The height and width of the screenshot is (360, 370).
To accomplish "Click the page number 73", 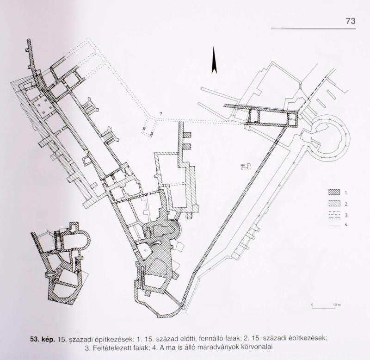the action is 351,21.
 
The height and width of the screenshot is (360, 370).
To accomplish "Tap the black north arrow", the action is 214,60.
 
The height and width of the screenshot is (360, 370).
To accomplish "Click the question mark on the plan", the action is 161,113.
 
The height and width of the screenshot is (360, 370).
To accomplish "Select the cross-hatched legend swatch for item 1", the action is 334,192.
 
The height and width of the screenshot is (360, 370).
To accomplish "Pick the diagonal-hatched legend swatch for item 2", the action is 334,204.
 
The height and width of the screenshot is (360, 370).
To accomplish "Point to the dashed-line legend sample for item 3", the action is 334,215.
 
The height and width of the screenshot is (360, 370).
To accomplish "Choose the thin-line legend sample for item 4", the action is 334,226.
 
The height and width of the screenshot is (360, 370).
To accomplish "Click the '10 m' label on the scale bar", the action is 337,305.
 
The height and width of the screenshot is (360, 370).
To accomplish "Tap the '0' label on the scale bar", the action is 312,305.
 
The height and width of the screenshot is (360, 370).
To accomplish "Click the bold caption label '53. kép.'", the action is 43,339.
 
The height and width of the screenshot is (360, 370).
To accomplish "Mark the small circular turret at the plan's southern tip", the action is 184,307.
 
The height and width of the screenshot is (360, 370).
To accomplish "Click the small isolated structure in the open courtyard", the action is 245,166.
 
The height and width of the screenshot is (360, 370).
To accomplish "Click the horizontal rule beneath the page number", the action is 313,29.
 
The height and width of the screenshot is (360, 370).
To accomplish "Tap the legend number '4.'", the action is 346,225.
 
